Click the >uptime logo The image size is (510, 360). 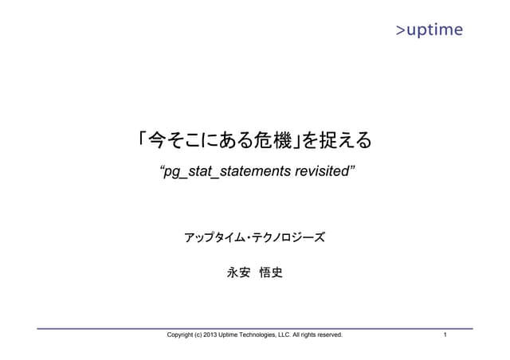tap(429, 30)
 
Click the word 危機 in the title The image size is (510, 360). tap(272, 141)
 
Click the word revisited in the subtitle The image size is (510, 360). tap(319, 172)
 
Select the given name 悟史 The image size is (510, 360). tap(271, 273)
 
